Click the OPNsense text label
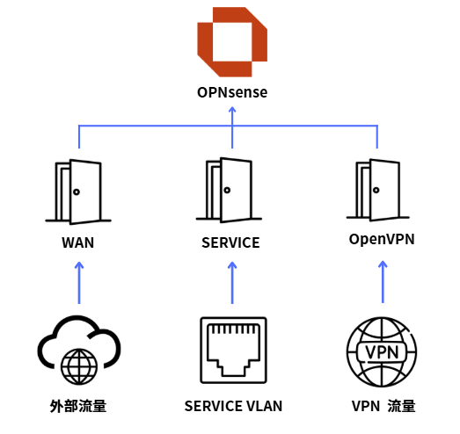pos(232,92)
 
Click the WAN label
pos(78,242)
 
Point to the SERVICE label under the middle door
pos(230,242)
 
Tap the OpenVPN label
pos(382,239)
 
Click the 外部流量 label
pos(78,406)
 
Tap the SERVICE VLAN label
pos(233,406)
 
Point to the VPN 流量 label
pos(383,406)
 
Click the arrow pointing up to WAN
pos(79,283)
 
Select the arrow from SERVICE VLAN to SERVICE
pos(232,283)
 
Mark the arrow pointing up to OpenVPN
pos(383,282)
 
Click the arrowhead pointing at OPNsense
pos(232,110)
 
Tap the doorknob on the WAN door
pos(77,192)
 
